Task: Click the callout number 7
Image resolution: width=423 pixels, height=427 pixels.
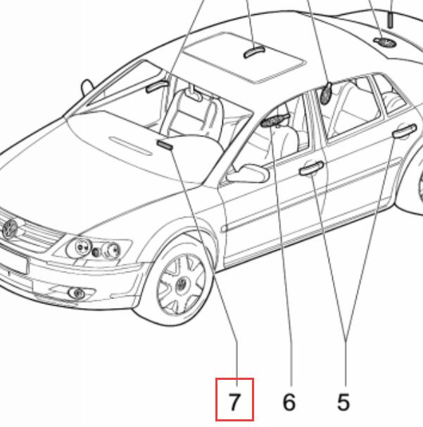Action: point(234,402)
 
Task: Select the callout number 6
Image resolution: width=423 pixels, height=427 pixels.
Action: point(289,402)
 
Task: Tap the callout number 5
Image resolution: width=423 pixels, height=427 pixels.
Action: point(343,402)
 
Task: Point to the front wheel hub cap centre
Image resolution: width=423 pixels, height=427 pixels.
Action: point(180,286)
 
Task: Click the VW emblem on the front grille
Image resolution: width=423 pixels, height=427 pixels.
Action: point(10,229)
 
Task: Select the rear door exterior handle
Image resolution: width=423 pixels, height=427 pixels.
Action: point(404,131)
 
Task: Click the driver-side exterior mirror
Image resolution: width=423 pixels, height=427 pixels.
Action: point(247,173)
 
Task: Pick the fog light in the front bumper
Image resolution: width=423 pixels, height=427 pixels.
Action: point(77,293)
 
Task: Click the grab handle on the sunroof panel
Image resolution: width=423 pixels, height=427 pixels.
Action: point(254,51)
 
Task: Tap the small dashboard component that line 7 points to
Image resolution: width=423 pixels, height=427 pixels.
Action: point(165,145)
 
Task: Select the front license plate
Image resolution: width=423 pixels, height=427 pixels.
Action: point(13,261)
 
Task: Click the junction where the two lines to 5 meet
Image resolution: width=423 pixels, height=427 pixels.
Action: point(346,340)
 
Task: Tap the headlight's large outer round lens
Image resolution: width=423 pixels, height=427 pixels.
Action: point(111,250)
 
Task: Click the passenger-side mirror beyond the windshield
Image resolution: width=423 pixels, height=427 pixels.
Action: point(87,88)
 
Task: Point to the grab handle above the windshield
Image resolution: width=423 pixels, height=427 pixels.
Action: point(157,86)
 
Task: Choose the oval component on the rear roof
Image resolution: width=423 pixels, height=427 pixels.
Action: point(385,42)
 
